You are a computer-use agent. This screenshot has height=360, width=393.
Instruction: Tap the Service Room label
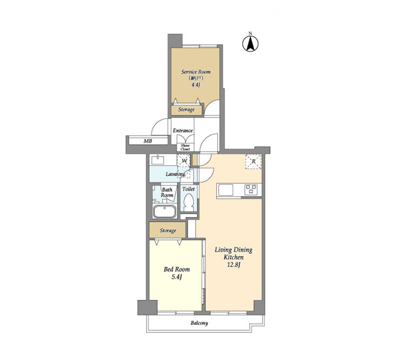point(196,72)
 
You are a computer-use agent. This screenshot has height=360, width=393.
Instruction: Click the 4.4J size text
point(196,85)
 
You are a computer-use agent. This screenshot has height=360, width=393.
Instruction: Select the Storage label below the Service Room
point(187,110)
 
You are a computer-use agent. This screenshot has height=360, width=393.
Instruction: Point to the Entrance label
point(183,130)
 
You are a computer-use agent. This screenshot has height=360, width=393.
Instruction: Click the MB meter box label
point(148,141)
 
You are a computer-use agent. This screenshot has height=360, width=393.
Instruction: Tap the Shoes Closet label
point(185,147)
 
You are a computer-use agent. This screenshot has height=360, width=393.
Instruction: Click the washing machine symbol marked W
point(184,160)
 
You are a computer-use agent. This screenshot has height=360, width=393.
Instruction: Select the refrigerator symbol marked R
point(253,162)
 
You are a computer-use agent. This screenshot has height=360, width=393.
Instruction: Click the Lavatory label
point(175,174)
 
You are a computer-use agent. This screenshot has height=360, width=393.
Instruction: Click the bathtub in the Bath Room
point(165,211)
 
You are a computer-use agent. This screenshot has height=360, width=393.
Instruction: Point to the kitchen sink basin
point(226,190)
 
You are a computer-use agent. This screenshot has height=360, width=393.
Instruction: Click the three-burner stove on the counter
point(251,190)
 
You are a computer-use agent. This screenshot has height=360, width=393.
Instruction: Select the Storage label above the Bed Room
point(168,230)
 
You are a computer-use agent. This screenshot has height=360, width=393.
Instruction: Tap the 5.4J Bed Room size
point(176,277)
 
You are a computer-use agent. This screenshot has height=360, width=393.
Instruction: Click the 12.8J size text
point(234,265)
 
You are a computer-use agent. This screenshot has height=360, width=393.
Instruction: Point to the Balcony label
point(199,323)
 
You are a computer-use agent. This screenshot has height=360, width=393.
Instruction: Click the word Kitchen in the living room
point(234,257)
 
